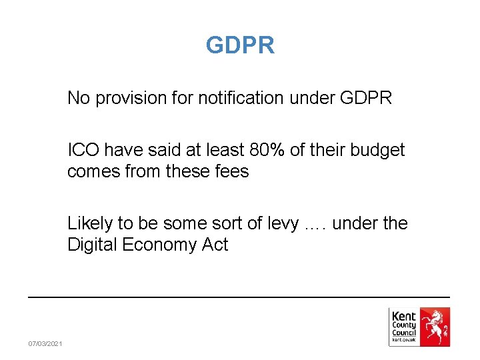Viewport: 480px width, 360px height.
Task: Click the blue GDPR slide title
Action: [240, 45]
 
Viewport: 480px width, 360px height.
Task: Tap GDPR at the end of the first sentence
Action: [366, 99]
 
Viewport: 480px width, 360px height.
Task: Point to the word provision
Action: [127, 99]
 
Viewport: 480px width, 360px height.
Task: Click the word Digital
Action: [93, 245]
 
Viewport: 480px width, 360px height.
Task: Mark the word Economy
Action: [160, 245]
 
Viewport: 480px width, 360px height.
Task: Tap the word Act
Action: [215, 245]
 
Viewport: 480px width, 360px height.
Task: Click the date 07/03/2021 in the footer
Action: [45, 343]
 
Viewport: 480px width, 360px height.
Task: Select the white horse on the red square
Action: [435, 327]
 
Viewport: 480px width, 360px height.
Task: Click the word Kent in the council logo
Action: [404, 316]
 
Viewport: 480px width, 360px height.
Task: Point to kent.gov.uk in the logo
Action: [404, 340]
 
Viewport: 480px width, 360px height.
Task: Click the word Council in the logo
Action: [404, 333]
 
